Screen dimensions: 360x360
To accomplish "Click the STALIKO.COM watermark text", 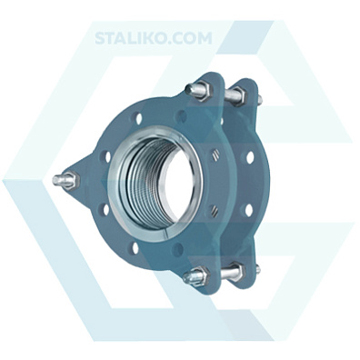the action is point(154,38).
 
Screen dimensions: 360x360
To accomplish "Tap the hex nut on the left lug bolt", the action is point(71,180).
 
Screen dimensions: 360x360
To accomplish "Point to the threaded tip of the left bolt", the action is point(58,181).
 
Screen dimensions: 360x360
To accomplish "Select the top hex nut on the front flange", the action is point(203,90).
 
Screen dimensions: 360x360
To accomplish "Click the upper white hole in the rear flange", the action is point(250,157).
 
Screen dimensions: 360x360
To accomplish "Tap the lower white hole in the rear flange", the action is point(249,210).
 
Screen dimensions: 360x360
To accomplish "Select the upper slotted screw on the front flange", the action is point(215,155).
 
